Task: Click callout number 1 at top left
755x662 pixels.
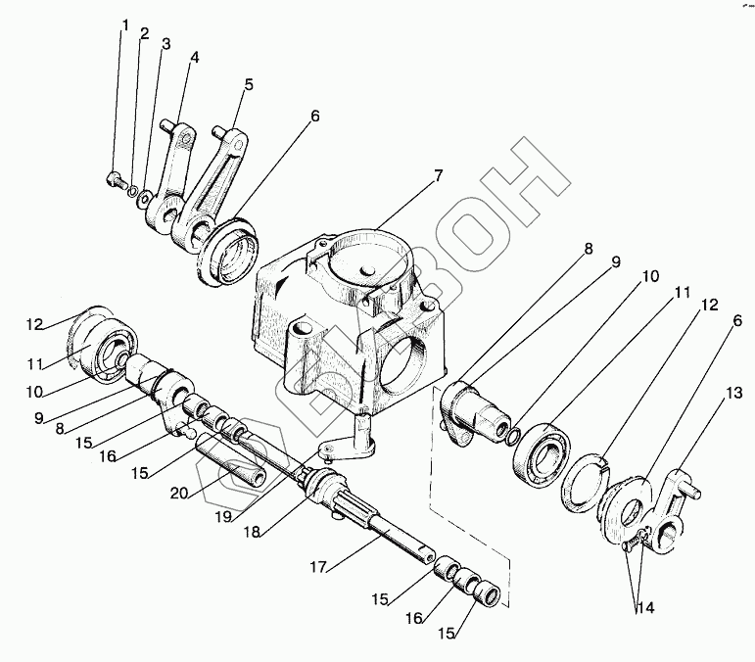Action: pyautogui.click(x=124, y=24)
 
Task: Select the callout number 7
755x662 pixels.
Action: pyautogui.click(x=438, y=175)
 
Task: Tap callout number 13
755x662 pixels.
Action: pyautogui.click(x=732, y=393)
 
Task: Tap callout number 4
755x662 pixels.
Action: pyautogui.click(x=195, y=57)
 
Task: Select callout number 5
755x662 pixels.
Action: pyautogui.click(x=249, y=84)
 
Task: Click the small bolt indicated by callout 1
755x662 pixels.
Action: pyautogui.click(x=115, y=179)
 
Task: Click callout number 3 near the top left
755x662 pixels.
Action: pyautogui.click(x=166, y=44)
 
